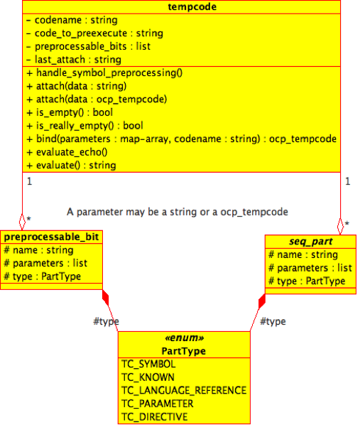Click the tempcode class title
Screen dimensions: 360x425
192,7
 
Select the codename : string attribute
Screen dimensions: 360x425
72,20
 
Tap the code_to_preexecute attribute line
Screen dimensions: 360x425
94,33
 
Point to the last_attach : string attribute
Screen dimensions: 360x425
73,60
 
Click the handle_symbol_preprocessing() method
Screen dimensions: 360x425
104,73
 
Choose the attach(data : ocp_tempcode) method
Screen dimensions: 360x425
97,99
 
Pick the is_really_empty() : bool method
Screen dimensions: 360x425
84,126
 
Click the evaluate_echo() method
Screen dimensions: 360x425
67,152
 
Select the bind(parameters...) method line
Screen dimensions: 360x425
182,139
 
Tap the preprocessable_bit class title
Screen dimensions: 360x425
51,237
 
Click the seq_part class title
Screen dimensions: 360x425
310,242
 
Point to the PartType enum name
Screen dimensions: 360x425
184,351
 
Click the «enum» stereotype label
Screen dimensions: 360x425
184,338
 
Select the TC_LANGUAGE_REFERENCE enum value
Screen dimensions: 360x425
184,391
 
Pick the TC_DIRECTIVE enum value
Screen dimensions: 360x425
154,417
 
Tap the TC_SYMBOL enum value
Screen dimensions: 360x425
148,364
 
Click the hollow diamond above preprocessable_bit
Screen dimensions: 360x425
22,222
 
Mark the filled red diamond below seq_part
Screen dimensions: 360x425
262,301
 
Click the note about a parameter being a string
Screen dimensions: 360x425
178,212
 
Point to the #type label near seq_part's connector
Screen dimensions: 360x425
273,321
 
